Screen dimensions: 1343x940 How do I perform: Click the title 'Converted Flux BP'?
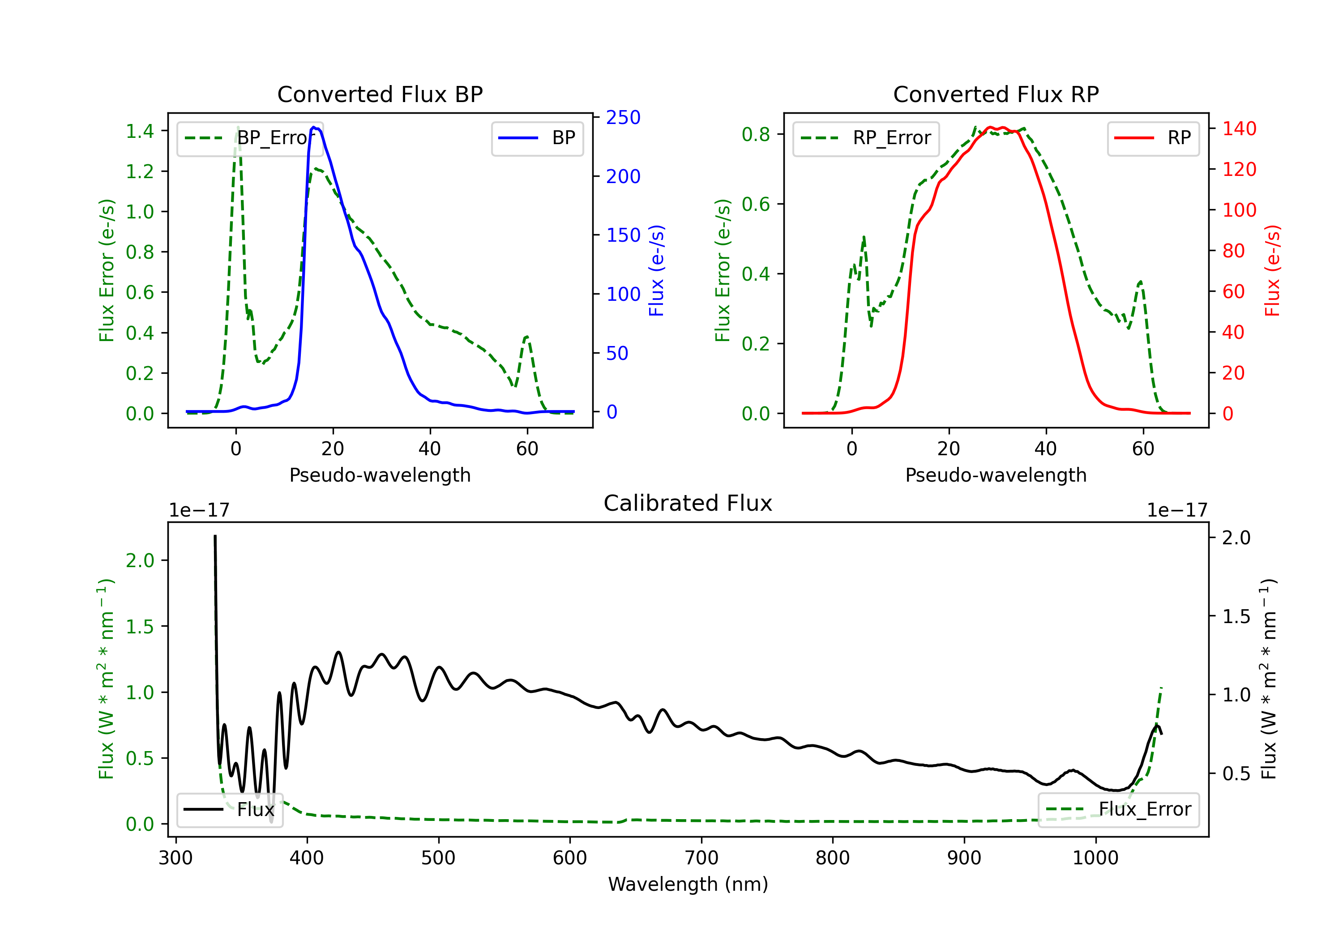(x=380, y=94)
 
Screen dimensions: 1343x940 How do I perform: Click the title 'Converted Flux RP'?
(x=996, y=94)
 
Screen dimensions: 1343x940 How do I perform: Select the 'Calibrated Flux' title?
(x=688, y=503)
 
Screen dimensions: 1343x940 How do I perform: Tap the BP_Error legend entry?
(x=250, y=138)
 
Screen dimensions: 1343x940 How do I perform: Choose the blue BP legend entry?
(x=537, y=138)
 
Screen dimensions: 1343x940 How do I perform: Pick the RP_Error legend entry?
(x=866, y=138)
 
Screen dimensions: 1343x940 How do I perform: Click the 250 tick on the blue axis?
(x=623, y=118)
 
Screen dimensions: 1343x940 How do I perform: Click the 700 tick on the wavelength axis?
(x=701, y=858)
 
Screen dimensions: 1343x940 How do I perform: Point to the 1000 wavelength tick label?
(x=1095, y=858)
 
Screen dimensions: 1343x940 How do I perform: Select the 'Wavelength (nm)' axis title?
(x=688, y=884)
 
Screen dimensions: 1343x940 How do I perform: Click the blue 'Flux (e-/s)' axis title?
(x=656, y=270)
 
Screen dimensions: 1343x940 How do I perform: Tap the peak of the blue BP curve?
(x=314, y=127)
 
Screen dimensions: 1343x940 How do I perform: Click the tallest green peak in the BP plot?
(x=237, y=127)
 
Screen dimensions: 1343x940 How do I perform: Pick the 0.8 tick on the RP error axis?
(x=756, y=135)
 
